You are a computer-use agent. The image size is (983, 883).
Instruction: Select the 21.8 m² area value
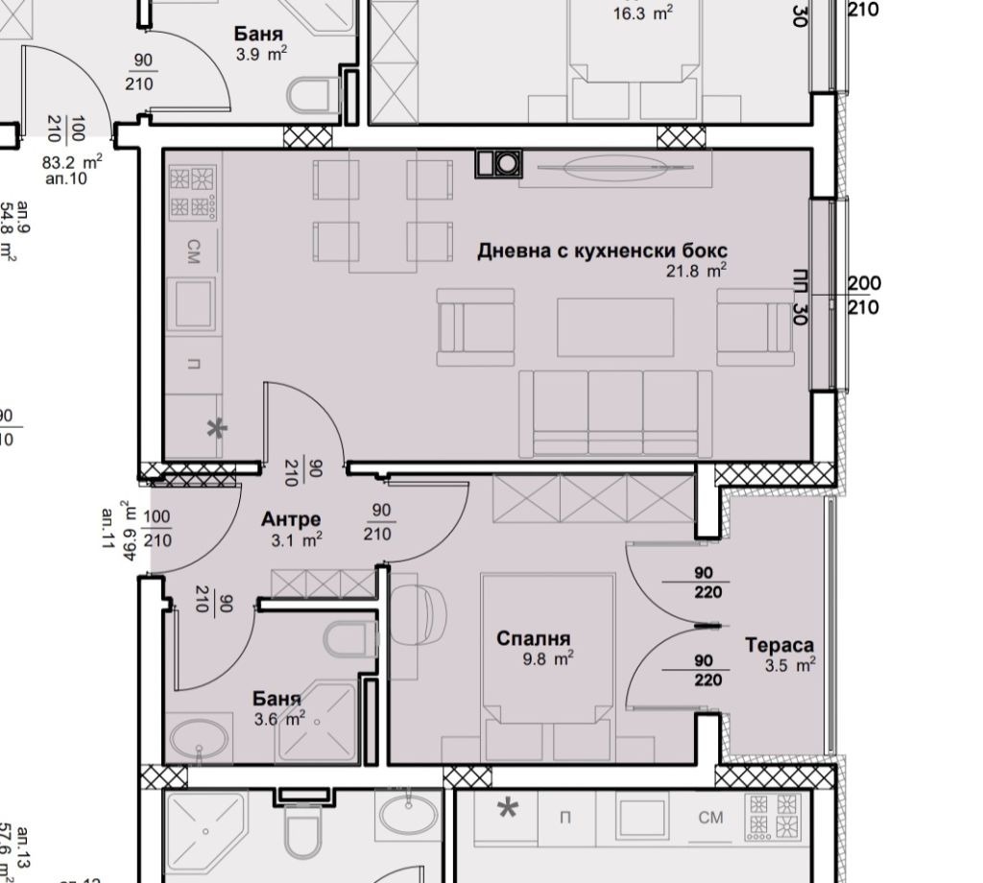[696, 272]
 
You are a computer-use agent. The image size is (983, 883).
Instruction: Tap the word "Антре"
[291, 519]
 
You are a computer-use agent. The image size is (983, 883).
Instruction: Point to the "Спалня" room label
[533, 638]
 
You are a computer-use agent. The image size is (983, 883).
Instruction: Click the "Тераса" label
[779, 646]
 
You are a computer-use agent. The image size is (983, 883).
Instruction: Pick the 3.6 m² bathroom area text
[278, 716]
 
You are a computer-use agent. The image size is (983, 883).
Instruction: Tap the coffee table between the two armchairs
[615, 327]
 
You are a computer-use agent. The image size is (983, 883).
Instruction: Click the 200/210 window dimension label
[864, 296]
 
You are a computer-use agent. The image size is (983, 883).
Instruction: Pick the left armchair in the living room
[464, 326]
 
